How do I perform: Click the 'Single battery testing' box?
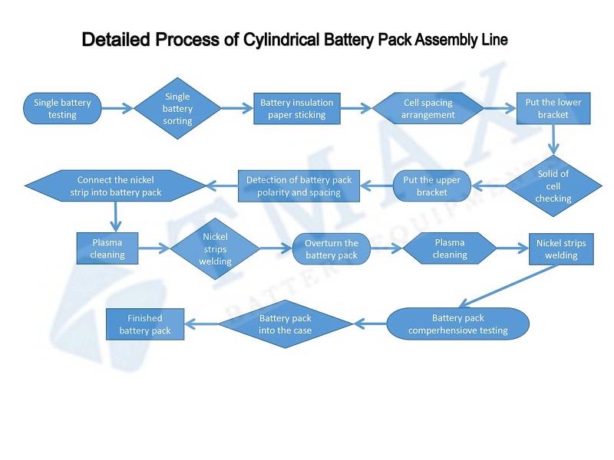coord(62,109)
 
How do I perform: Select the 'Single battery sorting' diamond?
coord(177,108)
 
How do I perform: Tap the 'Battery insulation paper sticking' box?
coord(297,109)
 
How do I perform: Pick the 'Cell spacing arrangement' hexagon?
coord(427,109)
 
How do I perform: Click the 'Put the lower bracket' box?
coord(553,109)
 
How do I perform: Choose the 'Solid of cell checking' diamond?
coord(553,186)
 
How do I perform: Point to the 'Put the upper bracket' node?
coord(431,186)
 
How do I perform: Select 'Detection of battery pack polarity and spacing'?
coord(299,186)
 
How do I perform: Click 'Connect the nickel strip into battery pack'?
coord(116,186)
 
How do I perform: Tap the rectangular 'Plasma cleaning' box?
coord(107,248)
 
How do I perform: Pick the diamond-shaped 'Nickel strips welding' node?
coord(215,249)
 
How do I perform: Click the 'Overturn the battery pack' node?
coord(332,249)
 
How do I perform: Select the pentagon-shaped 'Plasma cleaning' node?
coord(450,248)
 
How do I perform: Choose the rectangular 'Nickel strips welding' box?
coord(560,249)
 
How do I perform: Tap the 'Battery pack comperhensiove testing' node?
coord(457,324)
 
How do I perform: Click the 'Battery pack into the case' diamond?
coord(285,324)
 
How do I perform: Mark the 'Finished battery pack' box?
coord(145,324)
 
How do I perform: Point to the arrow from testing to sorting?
coord(117,109)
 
